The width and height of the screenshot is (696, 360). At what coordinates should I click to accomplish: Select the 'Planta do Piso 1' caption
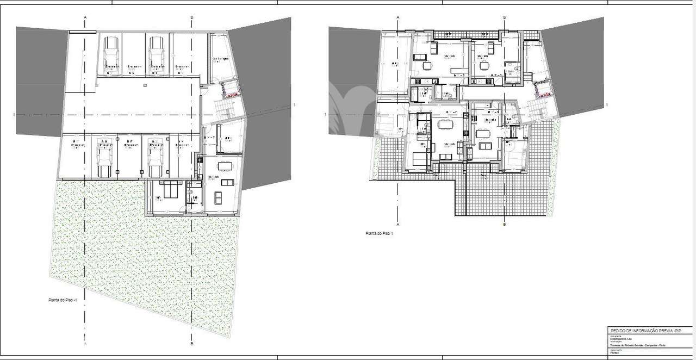pyautogui.click(x=379, y=233)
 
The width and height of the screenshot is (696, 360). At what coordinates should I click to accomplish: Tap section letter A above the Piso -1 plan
pyautogui.click(x=85, y=17)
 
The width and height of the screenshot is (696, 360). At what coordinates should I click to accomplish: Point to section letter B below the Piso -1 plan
pyautogui.click(x=191, y=344)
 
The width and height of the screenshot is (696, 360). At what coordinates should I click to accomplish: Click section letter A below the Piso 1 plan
pyautogui.click(x=398, y=224)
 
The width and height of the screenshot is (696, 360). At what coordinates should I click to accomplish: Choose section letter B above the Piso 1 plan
pyautogui.click(x=505, y=17)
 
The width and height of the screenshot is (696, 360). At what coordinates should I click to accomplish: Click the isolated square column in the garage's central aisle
pyautogui.click(x=145, y=85)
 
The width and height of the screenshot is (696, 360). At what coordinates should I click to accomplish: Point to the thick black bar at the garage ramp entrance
pyautogui.click(x=83, y=32)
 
